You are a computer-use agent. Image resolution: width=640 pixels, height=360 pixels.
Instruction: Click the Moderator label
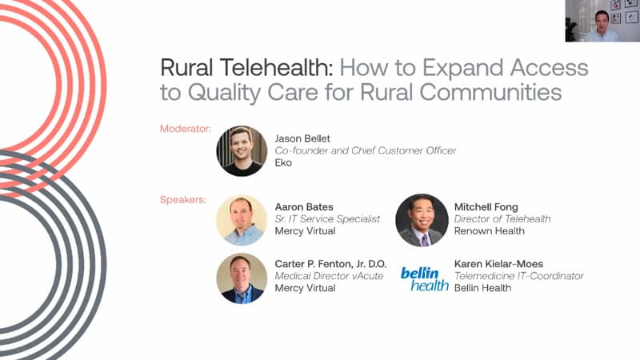(186, 129)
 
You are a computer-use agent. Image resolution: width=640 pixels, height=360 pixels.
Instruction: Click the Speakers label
(183, 199)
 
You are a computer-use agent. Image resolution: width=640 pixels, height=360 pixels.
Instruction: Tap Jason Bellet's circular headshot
(242, 151)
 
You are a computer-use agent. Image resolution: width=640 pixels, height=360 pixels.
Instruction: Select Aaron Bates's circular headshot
(242, 220)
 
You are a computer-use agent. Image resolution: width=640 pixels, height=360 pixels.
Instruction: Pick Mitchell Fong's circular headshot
(422, 220)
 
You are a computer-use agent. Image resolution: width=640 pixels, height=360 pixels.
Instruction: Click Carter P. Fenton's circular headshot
(242, 278)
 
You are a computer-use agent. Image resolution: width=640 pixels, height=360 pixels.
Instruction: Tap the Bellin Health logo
(424, 279)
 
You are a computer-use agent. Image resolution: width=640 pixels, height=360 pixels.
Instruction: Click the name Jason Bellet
(302, 138)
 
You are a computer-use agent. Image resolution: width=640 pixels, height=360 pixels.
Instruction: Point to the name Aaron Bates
(304, 207)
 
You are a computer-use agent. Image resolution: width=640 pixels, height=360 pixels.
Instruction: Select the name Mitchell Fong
(486, 207)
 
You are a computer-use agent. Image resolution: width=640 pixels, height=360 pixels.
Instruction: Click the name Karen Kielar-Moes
(498, 264)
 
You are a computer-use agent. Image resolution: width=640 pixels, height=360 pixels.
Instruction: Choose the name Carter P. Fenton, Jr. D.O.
(330, 264)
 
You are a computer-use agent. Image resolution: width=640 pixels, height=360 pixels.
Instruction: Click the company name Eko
(283, 162)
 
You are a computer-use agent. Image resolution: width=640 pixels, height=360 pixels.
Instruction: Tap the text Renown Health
(490, 230)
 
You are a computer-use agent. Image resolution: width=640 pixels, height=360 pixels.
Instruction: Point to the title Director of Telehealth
(502, 218)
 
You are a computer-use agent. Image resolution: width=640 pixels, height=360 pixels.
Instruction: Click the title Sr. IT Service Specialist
(327, 218)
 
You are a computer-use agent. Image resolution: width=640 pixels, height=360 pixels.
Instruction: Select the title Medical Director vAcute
(329, 276)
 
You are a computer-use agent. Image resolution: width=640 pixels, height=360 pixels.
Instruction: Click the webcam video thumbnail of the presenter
(602, 21)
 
